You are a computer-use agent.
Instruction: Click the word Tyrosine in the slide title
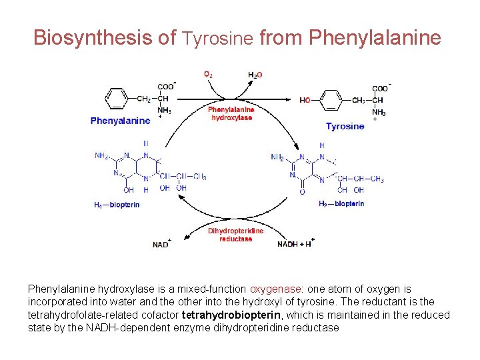click(x=218, y=39)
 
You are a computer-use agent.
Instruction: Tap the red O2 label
click(x=209, y=74)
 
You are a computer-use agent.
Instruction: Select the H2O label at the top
click(x=255, y=75)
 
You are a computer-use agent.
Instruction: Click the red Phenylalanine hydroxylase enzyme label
click(x=231, y=113)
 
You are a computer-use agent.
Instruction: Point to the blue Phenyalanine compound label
click(x=120, y=121)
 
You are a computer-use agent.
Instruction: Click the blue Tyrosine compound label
click(x=345, y=126)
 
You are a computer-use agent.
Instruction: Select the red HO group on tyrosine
click(x=305, y=101)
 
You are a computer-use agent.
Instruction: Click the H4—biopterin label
click(x=117, y=205)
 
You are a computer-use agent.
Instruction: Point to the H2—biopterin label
click(x=341, y=204)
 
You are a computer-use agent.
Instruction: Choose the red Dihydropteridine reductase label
click(x=235, y=235)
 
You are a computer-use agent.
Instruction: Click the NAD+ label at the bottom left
click(x=161, y=245)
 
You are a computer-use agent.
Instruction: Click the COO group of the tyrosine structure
click(x=379, y=88)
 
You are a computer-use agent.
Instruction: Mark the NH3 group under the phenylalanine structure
click(x=164, y=111)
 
